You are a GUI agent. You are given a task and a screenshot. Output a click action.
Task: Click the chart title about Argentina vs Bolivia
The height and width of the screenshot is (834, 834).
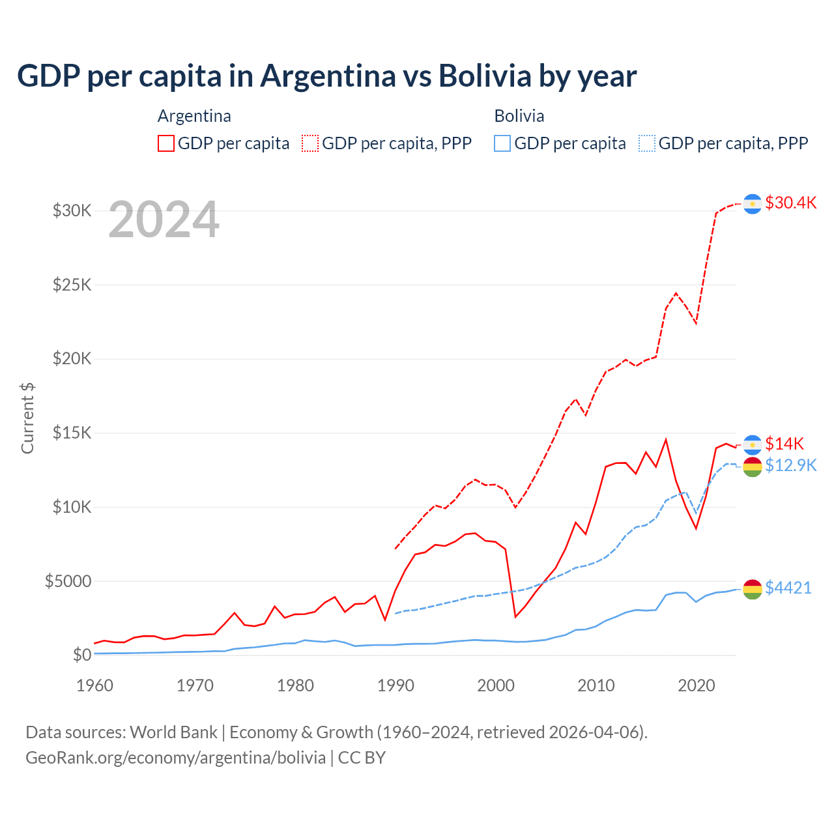click(x=326, y=76)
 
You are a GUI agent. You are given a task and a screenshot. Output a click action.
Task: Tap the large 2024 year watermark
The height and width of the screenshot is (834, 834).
click(x=164, y=220)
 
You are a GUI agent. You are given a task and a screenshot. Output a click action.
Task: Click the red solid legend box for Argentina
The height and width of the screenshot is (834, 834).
click(x=166, y=143)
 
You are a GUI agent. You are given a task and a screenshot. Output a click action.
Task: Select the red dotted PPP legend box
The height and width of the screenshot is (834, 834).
click(x=310, y=143)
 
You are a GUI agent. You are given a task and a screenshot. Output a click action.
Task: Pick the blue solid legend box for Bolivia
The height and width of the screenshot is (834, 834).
click(x=502, y=143)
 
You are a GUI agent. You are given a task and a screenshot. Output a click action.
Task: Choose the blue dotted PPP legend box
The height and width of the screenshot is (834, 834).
click(x=647, y=143)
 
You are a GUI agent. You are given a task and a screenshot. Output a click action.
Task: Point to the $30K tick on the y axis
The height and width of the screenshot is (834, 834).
click(x=72, y=210)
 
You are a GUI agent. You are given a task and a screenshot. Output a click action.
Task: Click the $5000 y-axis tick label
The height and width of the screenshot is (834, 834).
click(x=68, y=581)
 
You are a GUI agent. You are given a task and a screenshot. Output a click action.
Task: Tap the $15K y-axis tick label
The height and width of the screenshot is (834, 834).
click(x=72, y=433)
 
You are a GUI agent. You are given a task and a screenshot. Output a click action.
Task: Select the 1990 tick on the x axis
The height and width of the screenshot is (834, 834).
click(x=395, y=685)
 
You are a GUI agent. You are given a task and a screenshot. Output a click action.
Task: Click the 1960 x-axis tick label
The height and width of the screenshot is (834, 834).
click(x=95, y=685)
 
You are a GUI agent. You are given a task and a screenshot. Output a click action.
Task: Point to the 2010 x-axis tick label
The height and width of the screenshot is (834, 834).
click(x=596, y=685)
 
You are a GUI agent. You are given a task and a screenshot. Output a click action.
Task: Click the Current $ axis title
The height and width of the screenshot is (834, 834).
click(x=27, y=418)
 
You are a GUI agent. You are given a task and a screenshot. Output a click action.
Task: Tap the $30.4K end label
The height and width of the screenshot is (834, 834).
click(x=790, y=203)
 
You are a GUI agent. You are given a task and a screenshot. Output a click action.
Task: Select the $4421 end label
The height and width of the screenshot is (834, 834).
click(x=788, y=588)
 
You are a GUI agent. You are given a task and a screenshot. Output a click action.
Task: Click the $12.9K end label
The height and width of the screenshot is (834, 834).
click(x=790, y=465)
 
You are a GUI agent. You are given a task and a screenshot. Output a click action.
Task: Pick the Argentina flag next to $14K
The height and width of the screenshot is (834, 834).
click(x=753, y=444)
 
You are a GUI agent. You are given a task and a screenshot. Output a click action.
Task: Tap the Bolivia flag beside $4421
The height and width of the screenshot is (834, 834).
click(x=753, y=588)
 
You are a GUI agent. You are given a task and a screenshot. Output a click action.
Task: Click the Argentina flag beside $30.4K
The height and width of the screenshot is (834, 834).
click(x=753, y=204)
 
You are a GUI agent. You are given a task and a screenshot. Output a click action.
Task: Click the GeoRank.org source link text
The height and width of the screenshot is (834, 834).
click(x=176, y=758)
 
